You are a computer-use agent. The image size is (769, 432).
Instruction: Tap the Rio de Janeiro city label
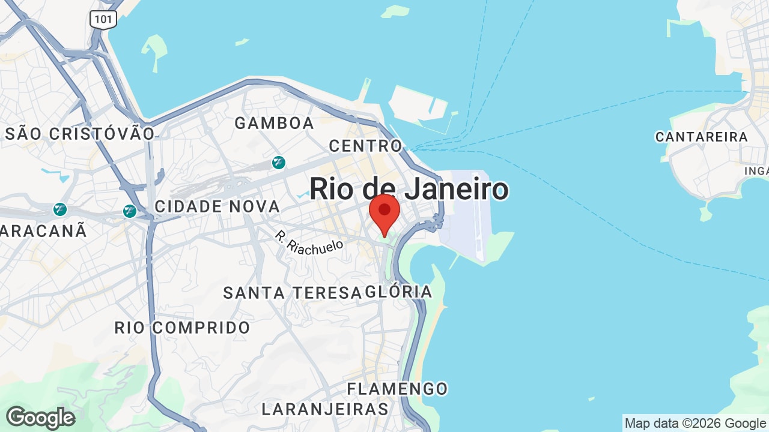(x=409, y=189)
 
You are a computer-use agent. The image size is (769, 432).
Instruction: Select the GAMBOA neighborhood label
(x=274, y=124)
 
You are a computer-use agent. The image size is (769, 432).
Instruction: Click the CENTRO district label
(x=365, y=146)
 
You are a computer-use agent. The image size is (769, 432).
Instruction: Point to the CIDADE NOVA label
(x=217, y=207)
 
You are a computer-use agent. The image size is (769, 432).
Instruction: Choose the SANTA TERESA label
(x=292, y=293)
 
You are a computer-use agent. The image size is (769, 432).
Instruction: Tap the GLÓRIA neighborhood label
(x=399, y=292)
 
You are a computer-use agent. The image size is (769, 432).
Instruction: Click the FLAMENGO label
(x=397, y=389)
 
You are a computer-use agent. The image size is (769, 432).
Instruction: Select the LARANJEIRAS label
(x=325, y=410)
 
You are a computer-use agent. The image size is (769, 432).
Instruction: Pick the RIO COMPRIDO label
(x=183, y=328)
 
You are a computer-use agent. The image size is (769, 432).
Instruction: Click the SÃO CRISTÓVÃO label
(x=80, y=134)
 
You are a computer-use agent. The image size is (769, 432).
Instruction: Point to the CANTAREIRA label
(x=702, y=137)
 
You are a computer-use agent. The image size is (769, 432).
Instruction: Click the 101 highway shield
(x=103, y=19)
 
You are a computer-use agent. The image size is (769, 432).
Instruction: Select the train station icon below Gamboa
(x=278, y=163)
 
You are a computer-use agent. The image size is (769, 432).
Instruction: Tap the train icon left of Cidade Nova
(x=129, y=211)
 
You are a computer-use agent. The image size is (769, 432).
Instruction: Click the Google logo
(x=40, y=418)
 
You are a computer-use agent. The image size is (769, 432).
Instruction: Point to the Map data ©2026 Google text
(x=695, y=423)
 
